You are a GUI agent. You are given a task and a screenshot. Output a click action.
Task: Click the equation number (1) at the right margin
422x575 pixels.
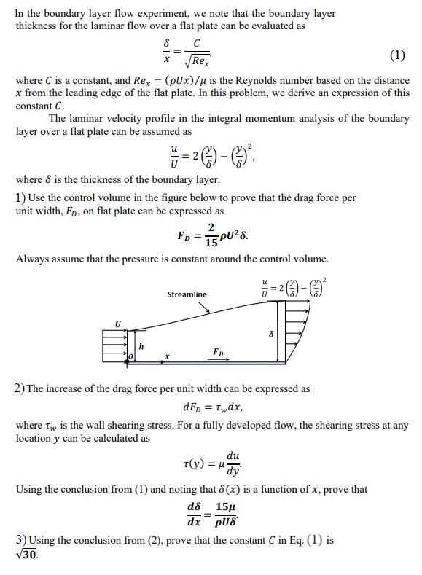[397, 55]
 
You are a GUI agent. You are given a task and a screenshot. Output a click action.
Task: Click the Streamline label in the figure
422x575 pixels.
[187, 294]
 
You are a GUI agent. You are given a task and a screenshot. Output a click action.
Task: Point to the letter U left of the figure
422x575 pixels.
[117, 323]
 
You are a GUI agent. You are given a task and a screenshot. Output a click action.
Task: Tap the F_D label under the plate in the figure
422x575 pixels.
[217, 351]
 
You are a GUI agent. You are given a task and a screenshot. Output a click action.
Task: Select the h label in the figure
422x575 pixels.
[141, 346]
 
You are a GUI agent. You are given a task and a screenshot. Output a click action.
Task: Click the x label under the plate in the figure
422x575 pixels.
[167, 357]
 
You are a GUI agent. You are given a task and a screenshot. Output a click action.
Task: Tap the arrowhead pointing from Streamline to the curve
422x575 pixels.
[209, 311]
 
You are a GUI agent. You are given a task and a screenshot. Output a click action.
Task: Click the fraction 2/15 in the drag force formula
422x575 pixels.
[211, 232]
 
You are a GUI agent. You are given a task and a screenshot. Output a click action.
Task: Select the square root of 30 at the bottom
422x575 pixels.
[26, 555]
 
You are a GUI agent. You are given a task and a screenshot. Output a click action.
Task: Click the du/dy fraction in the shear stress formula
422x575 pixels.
[233, 463]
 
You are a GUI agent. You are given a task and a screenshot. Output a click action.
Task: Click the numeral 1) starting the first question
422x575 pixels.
[20, 198]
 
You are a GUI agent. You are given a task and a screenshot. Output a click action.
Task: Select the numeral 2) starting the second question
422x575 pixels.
[20, 389]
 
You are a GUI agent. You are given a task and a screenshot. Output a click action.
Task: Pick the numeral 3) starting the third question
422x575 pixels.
[20, 540]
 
